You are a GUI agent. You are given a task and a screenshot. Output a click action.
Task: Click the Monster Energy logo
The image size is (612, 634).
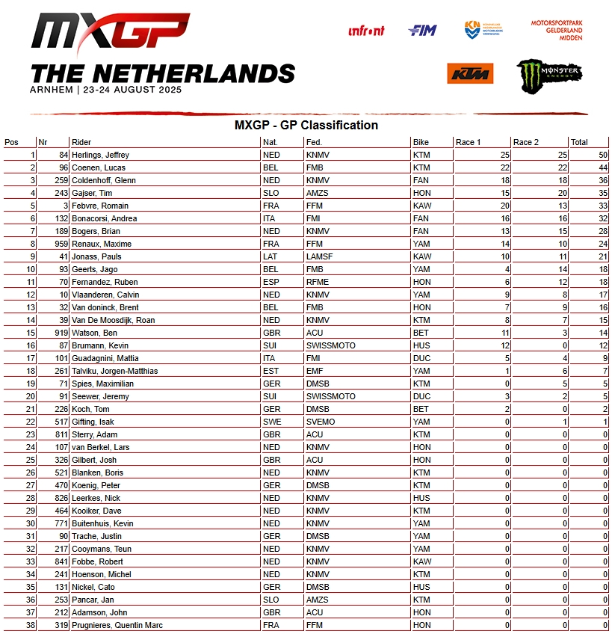[x=548, y=74]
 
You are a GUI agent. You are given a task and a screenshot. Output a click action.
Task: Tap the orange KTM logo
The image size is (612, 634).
[x=470, y=73]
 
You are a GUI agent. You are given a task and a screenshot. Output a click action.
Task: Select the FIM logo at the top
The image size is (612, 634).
[x=422, y=31]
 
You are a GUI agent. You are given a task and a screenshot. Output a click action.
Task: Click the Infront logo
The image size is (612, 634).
[x=366, y=31]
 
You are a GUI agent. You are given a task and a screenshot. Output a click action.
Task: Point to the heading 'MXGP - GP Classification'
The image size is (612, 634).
[x=306, y=125]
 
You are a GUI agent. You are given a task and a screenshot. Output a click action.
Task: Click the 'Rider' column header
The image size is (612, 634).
[x=81, y=142]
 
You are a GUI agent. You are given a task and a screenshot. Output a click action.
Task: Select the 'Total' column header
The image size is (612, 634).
[x=579, y=142]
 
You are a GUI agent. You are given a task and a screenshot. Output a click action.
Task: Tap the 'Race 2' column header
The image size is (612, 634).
[x=526, y=142]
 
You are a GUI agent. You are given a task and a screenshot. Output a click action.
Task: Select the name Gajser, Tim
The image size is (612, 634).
[x=92, y=193]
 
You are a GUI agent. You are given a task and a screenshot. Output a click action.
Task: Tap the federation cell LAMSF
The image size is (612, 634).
[x=319, y=256]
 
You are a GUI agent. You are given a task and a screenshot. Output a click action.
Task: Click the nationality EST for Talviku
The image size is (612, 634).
[x=271, y=371]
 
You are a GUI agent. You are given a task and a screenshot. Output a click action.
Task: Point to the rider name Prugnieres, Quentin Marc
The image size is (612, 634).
[x=117, y=625]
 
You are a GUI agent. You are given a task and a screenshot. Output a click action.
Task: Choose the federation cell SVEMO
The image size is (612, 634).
[x=321, y=422]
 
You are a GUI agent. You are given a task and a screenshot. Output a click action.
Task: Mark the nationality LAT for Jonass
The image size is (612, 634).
[x=271, y=256]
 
